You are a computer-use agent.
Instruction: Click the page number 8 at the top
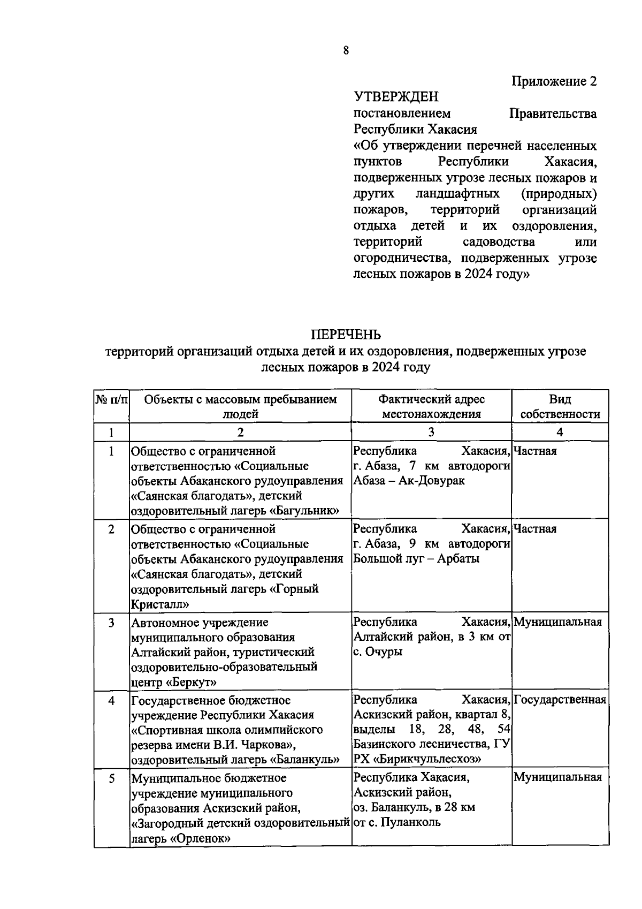click(346, 51)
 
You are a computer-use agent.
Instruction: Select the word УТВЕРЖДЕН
click(396, 97)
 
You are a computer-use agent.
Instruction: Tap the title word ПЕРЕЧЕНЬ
click(346, 335)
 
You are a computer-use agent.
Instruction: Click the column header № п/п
click(111, 399)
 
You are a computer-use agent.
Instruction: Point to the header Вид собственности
click(560, 406)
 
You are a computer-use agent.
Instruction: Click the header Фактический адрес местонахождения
click(431, 406)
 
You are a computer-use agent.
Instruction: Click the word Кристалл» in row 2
click(160, 604)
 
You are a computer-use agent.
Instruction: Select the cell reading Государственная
click(560, 700)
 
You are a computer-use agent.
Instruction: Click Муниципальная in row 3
click(557, 622)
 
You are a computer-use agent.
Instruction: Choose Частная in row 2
click(535, 529)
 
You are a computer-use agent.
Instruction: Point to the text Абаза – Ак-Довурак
click(409, 480)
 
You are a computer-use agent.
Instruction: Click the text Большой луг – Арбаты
click(416, 558)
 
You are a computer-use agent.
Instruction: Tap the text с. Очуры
click(378, 652)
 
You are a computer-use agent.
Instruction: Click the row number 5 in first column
click(111, 778)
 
